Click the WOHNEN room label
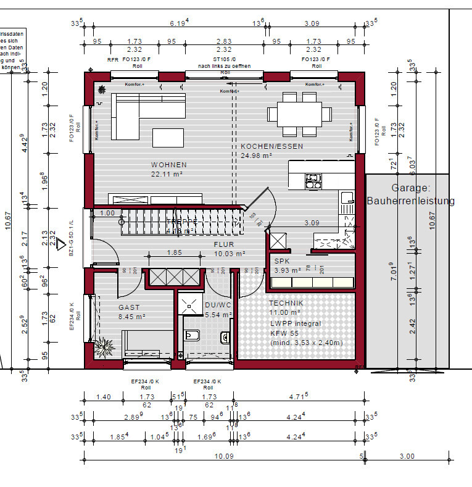pos(168,165)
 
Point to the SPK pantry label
pos(281,261)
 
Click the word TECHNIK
pos(286,303)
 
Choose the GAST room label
pos(129,307)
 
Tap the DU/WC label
pos(217,304)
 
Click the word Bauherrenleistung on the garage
pos(410,201)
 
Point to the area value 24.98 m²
pos(257,156)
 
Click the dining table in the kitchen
pos(299,114)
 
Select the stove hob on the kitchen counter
pos(313,181)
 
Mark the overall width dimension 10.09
pos(223,457)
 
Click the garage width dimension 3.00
pos(407,457)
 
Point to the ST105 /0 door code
pos(223,59)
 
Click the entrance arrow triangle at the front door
pos(61,245)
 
